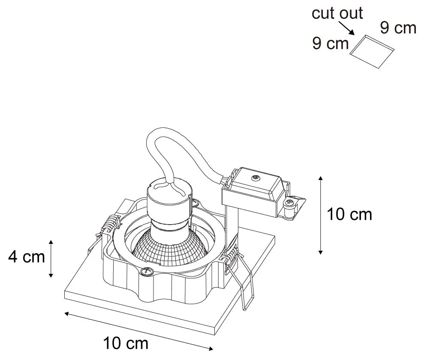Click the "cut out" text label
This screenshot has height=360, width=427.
pyautogui.click(x=337, y=13)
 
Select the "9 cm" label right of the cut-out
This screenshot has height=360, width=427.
pyautogui.click(x=398, y=27)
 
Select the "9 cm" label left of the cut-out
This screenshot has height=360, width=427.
pyautogui.click(x=330, y=44)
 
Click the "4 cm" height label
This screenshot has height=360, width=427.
pyautogui.click(x=26, y=257)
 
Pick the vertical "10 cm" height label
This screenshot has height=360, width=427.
pyautogui.click(x=349, y=214)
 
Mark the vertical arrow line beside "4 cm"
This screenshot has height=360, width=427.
pyautogui.click(x=51, y=258)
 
